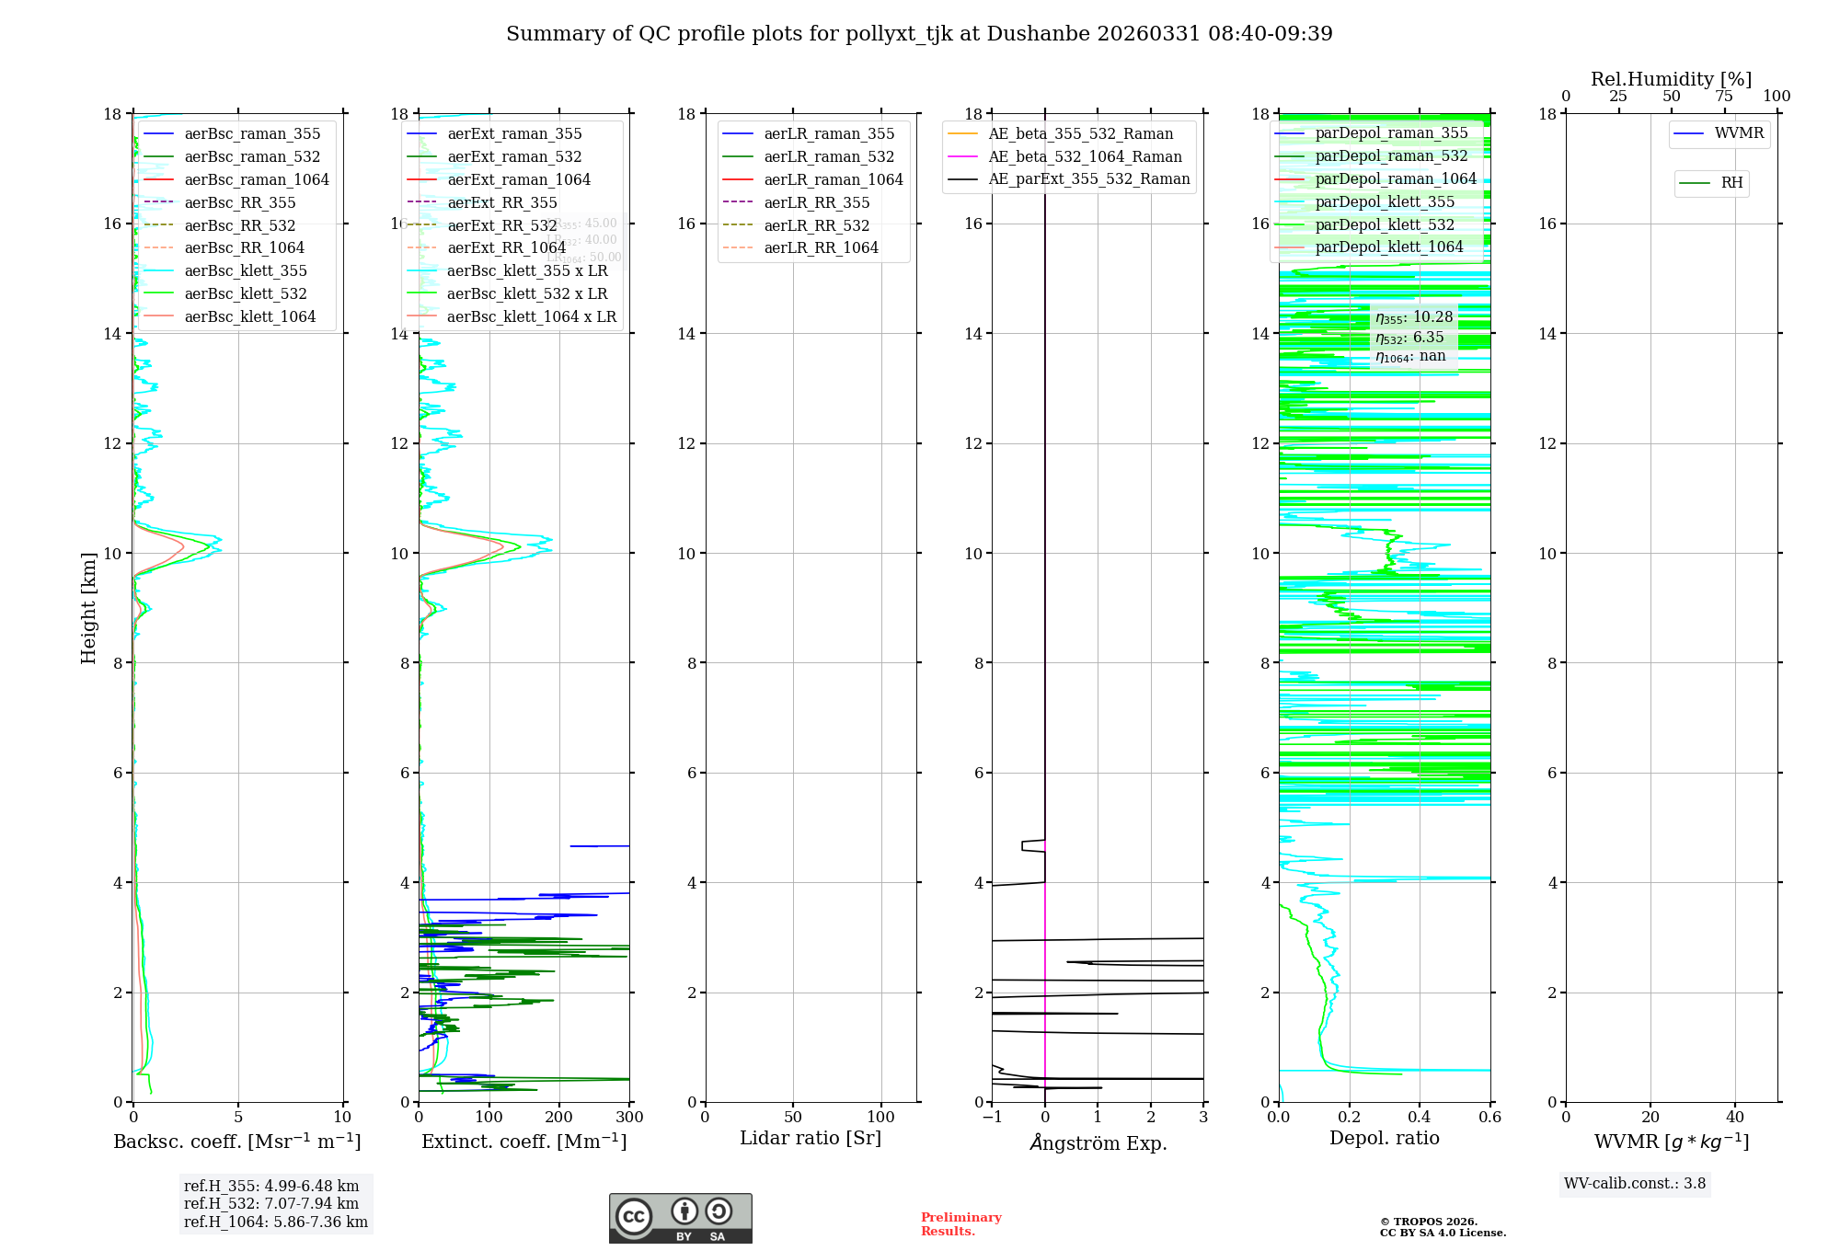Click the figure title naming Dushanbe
pyautogui.click(x=919, y=34)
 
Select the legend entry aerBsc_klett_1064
pyautogui.click(x=249, y=316)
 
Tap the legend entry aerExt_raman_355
pyautogui.click(x=514, y=134)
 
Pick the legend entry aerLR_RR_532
pyautogui.click(x=816, y=225)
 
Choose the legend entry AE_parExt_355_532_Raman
pyautogui.click(x=1088, y=179)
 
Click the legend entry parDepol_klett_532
pyautogui.click(x=1385, y=224)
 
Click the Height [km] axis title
pyautogui.click(x=88, y=608)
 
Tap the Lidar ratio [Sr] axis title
pyautogui.click(x=811, y=1138)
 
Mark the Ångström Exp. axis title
pyautogui.click(x=1098, y=1142)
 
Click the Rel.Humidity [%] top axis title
pyautogui.click(x=1671, y=79)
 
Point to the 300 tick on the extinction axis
pyautogui.click(x=630, y=1118)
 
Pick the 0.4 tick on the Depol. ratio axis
pyautogui.click(x=1420, y=1118)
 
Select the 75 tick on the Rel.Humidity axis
pyautogui.click(x=1724, y=97)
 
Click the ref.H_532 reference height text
pyautogui.click(x=271, y=1204)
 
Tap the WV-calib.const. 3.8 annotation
pyautogui.click(x=1635, y=1184)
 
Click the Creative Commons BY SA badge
pyautogui.click(x=680, y=1219)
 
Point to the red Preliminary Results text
pyautogui.click(x=960, y=1224)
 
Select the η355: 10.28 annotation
pyautogui.click(x=1414, y=317)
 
